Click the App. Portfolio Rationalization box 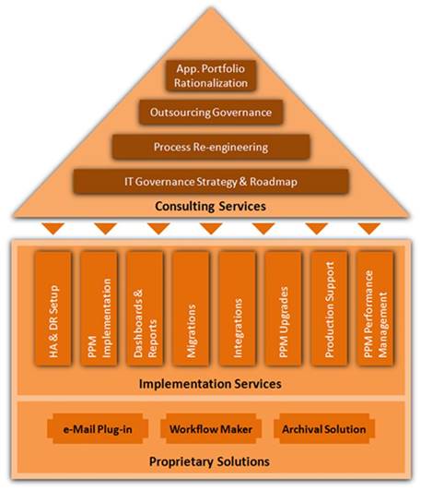click(x=211, y=76)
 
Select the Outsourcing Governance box click(x=211, y=112)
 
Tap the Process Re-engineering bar click(x=211, y=147)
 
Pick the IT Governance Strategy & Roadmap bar click(x=211, y=182)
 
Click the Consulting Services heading click(x=210, y=207)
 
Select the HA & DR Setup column click(x=53, y=309)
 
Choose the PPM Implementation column click(x=99, y=309)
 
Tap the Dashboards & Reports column click(x=145, y=309)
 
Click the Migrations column click(x=191, y=309)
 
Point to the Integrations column click(x=237, y=309)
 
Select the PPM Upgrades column click(x=283, y=309)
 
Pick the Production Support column click(x=329, y=309)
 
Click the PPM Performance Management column click(x=375, y=309)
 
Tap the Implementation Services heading click(x=210, y=384)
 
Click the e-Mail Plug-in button click(x=98, y=429)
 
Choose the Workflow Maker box click(x=211, y=429)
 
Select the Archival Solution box click(x=324, y=429)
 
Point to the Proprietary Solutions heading click(x=209, y=461)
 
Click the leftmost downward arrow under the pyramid click(x=53, y=228)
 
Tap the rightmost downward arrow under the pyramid click(x=369, y=228)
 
